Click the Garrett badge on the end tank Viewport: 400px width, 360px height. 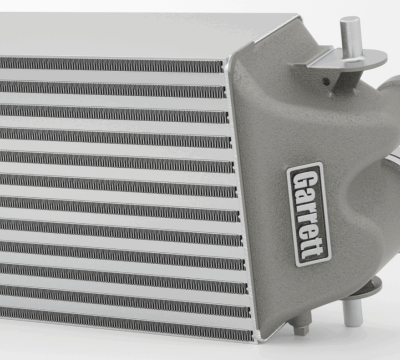(x=309, y=214)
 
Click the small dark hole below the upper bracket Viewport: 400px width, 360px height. (x=326, y=81)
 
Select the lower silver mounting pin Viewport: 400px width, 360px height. (x=352, y=312)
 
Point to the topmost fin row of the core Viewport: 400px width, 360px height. (x=111, y=64)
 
